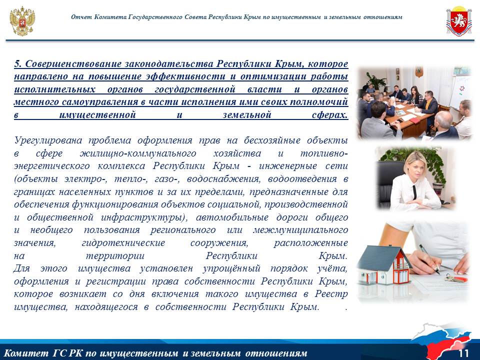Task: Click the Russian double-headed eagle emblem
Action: [x=22, y=21]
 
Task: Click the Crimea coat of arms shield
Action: [x=458, y=21]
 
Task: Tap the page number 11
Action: [x=463, y=353]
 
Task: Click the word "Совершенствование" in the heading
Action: [x=73, y=63]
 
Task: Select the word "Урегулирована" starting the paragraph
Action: [x=48, y=140]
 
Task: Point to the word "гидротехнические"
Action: [x=123, y=243]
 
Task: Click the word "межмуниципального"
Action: [x=300, y=230]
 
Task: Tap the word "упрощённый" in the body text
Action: [x=231, y=268]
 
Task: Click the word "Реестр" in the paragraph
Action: [x=331, y=294]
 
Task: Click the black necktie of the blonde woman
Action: [x=414, y=192]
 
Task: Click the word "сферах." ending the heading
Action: [x=330, y=115]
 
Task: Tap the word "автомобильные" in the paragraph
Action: [x=232, y=217]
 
